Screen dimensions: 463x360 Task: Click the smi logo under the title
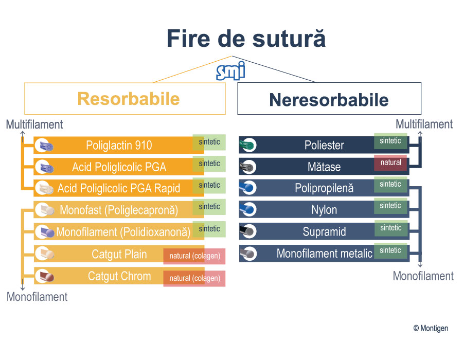click(230, 71)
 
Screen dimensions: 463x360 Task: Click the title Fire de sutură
click(246, 39)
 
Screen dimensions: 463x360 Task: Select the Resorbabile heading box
click(125, 99)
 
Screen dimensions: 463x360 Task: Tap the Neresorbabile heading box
click(329, 99)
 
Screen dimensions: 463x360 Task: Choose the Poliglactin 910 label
click(119, 145)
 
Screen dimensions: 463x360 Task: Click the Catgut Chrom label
click(119, 276)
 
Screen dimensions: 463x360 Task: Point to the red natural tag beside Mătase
click(390, 163)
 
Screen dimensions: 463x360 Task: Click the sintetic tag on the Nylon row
click(390, 206)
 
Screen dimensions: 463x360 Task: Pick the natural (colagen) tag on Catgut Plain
click(194, 256)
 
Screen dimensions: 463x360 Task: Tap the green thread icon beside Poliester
click(248, 145)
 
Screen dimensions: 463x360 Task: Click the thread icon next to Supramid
click(248, 231)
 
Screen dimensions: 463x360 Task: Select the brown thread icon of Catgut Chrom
click(45, 277)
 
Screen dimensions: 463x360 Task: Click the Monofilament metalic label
click(325, 254)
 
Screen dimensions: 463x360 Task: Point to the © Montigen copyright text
click(431, 328)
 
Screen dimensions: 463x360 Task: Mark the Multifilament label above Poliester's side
click(424, 124)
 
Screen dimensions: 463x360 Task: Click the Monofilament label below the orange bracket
click(37, 297)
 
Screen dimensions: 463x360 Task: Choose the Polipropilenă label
click(324, 188)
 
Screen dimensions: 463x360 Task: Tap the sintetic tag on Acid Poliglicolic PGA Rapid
click(209, 185)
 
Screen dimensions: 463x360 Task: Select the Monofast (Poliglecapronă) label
click(119, 210)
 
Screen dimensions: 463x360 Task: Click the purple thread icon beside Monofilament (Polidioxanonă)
click(45, 232)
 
